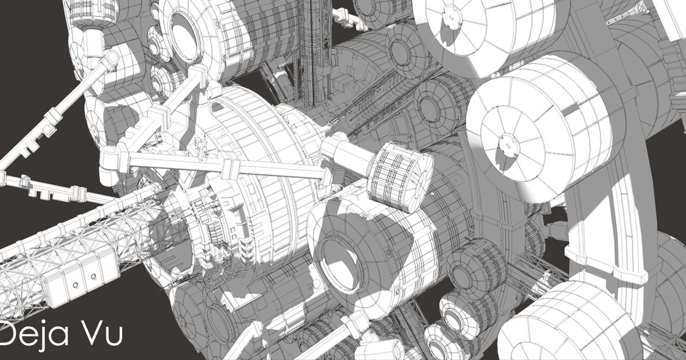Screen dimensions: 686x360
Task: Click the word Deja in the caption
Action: [x=33, y=334]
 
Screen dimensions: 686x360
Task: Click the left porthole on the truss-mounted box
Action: [x=75, y=285]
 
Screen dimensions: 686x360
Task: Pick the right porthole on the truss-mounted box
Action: [x=93, y=277]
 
